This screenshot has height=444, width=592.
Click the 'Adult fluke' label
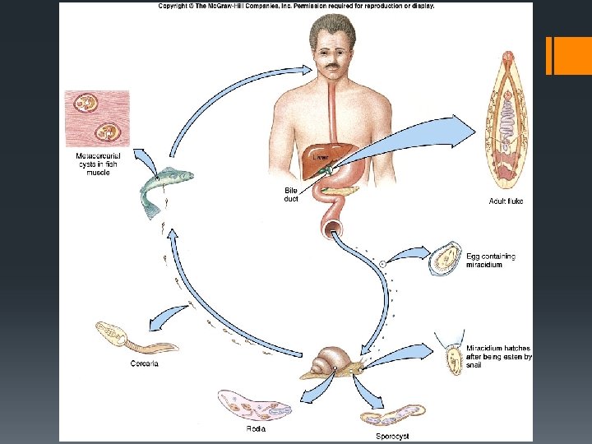click(x=506, y=201)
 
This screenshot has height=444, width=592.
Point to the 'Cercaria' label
click(x=144, y=363)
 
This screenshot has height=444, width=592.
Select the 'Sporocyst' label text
click(x=392, y=436)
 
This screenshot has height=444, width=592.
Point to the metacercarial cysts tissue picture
click(x=97, y=118)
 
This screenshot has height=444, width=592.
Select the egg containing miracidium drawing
click(x=447, y=258)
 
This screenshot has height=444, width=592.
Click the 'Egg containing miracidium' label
click(x=491, y=261)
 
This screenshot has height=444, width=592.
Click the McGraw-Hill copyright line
click(x=296, y=6)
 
